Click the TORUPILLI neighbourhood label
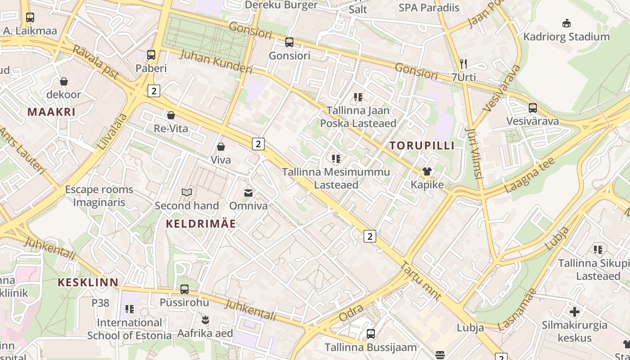click(422, 145)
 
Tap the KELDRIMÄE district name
click(201, 224)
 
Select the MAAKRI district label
click(51, 112)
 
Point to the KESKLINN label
click(88, 283)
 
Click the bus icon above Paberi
click(151, 55)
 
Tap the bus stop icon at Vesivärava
click(533, 108)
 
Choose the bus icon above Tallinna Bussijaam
click(371, 334)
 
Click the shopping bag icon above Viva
click(221, 147)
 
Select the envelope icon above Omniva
click(248, 193)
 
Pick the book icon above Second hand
click(187, 193)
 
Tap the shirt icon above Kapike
click(427, 171)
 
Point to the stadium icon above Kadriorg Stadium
click(567, 23)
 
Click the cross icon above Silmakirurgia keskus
click(575, 311)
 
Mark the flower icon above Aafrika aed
click(205, 320)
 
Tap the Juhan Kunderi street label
click(216, 62)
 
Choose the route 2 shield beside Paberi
click(154, 91)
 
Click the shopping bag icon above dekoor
click(64, 81)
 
